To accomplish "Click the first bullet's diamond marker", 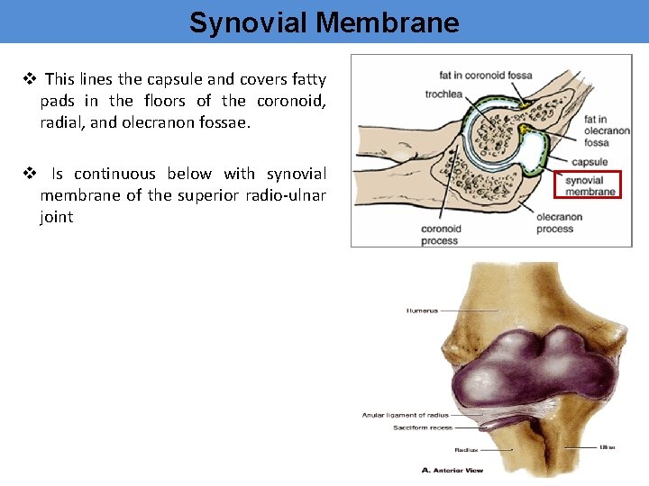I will point(28,80).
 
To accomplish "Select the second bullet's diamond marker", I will point(28,174).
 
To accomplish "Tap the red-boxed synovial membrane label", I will point(590,186).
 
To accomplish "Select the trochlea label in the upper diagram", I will point(443,94).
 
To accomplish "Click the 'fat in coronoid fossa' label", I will point(485,76).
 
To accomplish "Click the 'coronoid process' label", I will point(441,234).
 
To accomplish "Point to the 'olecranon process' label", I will point(559,223).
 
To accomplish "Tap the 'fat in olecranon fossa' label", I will point(607,130).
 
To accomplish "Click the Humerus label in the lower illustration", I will point(422,310).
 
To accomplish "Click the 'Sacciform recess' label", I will point(422,427).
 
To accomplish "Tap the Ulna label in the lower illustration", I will point(608,446).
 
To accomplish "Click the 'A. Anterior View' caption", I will point(452,470).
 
